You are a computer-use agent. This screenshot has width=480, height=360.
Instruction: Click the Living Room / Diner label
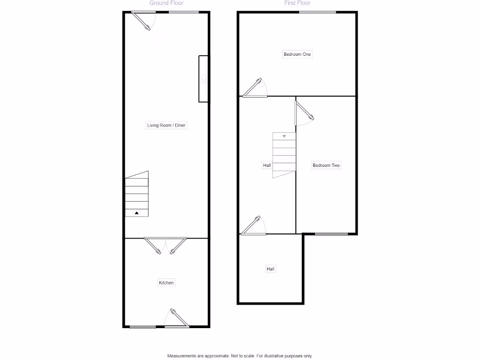coord(166,126)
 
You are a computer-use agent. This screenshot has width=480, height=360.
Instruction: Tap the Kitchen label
coord(166,283)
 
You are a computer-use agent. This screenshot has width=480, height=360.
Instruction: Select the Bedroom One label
coord(297,54)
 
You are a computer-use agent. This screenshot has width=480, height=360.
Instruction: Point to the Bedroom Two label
coord(326,165)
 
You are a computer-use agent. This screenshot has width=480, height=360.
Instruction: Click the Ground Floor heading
coord(166,3)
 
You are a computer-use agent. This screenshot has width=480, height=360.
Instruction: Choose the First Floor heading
coord(297,3)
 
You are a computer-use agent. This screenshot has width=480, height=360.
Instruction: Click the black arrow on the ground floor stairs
coord(137,213)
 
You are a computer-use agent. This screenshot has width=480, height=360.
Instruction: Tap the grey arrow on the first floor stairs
coord(284,136)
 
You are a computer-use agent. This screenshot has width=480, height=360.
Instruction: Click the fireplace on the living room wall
coord(203,79)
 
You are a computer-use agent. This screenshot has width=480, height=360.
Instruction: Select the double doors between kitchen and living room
coord(165,245)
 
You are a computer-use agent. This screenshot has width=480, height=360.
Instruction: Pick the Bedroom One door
coord(255,89)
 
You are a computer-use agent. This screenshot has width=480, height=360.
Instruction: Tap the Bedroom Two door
coord(302,114)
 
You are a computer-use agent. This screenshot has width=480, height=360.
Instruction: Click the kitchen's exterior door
coord(177,318)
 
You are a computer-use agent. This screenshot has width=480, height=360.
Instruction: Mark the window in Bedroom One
coord(317,12)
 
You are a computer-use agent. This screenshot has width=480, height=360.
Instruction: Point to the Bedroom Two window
coord(331,234)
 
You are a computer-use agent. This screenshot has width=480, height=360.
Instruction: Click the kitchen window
coord(142,327)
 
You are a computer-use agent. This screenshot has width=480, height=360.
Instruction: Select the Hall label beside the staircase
coord(267,165)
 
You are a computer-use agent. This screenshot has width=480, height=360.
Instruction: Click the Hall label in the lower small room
coord(270,269)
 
